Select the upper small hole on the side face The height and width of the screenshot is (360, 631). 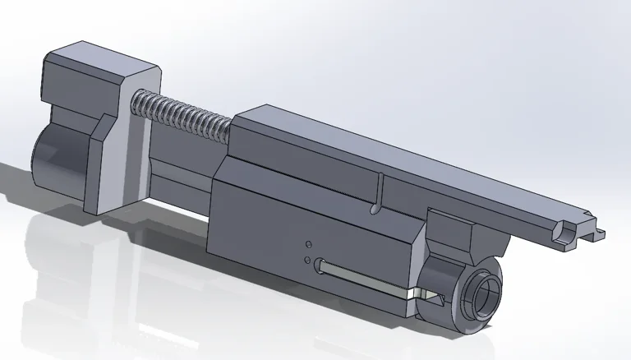point(308,244)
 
